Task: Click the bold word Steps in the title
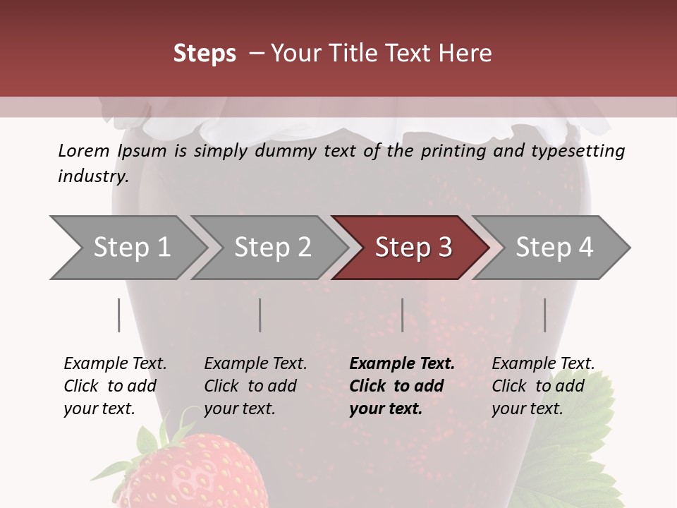click(x=205, y=54)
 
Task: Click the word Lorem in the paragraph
click(x=83, y=151)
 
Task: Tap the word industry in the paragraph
click(x=92, y=176)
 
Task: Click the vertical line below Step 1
click(x=119, y=315)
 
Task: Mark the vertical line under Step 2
click(x=260, y=315)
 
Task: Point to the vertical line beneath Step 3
click(x=403, y=315)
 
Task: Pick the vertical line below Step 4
click(x=545, y=315)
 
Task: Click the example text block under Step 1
click(x=115, y=386)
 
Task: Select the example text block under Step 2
click(x=255, y=386)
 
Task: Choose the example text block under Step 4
click(x=543, y=386)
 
